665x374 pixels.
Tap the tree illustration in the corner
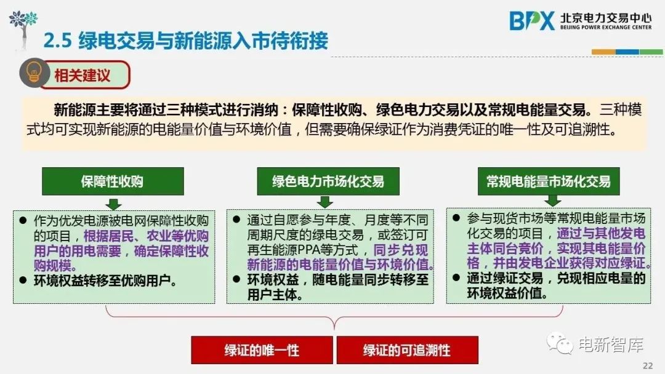(23, 25)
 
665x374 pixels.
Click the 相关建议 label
(83, 76)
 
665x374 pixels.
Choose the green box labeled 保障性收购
(112, 181)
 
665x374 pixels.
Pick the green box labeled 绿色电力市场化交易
(328, 181)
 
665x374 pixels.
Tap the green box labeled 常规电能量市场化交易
(548, 181)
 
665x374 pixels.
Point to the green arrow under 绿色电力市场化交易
(325, 203)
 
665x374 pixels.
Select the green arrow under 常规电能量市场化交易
(552, 202)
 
